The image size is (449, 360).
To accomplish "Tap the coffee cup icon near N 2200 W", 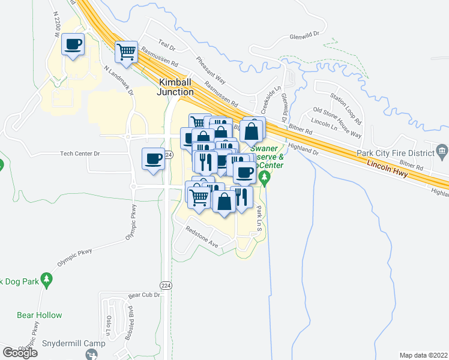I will point(73,44).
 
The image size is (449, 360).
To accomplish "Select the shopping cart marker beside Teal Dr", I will point(127,52).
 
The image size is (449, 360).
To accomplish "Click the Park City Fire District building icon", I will point(442,150).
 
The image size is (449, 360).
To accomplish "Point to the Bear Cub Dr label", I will point(145,295).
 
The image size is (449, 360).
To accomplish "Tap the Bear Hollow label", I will point(40,315).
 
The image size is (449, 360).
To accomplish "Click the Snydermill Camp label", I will point(74,344).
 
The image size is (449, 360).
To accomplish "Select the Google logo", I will point(20,352).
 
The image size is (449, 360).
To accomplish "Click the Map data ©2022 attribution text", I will point(423,355).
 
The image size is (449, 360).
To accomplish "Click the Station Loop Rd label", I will point(349,104).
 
